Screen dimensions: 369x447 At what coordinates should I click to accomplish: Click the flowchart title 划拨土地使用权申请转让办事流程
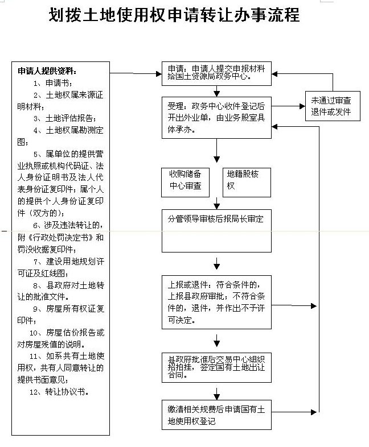pos(174,15)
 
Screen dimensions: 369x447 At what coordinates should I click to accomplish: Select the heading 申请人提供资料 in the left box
pos(47,71)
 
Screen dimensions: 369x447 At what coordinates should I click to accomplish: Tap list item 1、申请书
pos(53,83)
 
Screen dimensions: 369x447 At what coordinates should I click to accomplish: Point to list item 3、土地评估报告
pos(65,118)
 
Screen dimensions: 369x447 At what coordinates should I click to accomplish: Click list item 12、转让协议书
pos(59,392)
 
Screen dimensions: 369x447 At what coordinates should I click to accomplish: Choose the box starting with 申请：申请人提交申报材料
pos(216,73)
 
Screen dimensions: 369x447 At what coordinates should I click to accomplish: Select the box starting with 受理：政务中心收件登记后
pos(216,118)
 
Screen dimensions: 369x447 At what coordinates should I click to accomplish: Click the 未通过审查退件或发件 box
pos(333,106)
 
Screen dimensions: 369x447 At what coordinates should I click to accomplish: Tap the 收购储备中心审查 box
pos(185,183)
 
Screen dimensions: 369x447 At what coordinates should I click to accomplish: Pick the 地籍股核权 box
pos(247,183)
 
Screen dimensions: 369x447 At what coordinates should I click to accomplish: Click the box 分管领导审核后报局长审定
pos(216,231)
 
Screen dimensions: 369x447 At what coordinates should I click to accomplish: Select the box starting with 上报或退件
pos(216,302)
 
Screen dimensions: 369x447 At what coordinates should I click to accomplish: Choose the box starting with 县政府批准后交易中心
pos(216,368)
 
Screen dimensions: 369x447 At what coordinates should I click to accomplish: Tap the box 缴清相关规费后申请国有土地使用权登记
pos(216,415)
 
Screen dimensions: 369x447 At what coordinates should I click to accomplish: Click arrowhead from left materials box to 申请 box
pos(159,74)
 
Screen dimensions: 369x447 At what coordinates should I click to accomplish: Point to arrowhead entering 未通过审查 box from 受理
pos(302,106)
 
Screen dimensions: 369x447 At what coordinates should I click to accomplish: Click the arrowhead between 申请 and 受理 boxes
pos(216,94)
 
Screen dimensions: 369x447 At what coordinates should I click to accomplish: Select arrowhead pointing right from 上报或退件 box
pos(314,306)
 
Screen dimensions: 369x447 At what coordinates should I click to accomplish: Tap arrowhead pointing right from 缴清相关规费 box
pos(314,412)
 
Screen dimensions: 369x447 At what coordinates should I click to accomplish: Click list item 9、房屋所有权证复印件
pos(61,314)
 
